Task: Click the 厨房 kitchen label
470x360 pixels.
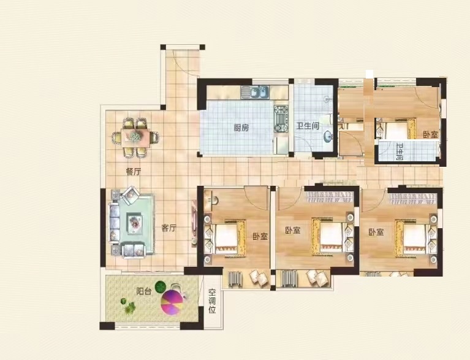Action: (241, 128)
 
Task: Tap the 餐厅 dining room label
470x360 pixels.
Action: (134, 172)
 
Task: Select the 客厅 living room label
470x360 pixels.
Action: (169, 228)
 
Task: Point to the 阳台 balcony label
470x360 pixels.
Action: (143, 291)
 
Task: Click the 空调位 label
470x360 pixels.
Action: (212, 301)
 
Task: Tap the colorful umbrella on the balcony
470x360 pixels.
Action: (171, 302)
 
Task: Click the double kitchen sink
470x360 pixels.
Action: (255, 92)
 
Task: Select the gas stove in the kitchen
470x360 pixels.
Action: (281, 119)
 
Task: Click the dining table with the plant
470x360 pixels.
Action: (135, 138)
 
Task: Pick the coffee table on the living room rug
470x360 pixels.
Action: (135, 223)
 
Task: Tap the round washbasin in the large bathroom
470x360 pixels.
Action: (327, 137)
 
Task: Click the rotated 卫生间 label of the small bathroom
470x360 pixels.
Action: (400, 152)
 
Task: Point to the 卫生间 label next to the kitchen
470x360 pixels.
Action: (308, 126)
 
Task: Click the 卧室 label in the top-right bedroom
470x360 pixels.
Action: (430, 135)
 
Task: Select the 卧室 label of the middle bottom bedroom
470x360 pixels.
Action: (292, 231)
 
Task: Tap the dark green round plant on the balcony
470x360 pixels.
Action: (161, 286)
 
